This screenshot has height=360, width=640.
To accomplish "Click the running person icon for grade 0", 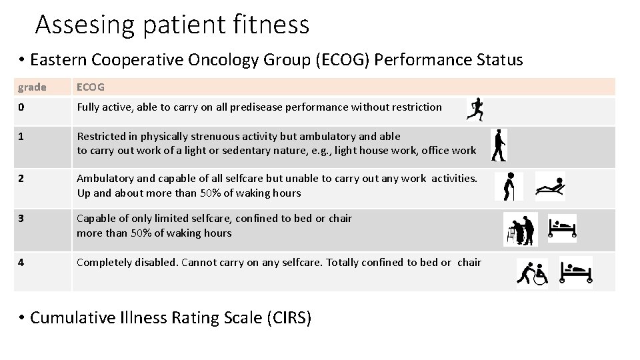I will [476, 109].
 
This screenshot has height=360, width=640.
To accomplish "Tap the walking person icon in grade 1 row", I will [498, 145].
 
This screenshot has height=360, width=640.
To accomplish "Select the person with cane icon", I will [508, 187].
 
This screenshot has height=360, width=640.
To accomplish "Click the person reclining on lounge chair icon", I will [551, 186].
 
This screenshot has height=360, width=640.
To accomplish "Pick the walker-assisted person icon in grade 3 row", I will [521, 230].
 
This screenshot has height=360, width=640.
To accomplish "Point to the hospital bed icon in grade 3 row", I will [561, 228].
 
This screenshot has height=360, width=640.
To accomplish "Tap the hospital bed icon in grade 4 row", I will [575, 272].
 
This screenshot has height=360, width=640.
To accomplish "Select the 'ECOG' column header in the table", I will [90, 87].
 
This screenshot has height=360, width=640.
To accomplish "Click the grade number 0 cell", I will [21, 107].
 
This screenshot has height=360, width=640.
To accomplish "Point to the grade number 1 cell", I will [21, 137].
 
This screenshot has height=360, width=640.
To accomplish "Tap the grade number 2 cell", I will [21, 178].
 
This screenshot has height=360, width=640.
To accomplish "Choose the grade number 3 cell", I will [21, 219].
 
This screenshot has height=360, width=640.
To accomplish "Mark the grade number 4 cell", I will [21, 262].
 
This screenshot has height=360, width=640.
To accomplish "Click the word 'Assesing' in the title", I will [83, 25].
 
